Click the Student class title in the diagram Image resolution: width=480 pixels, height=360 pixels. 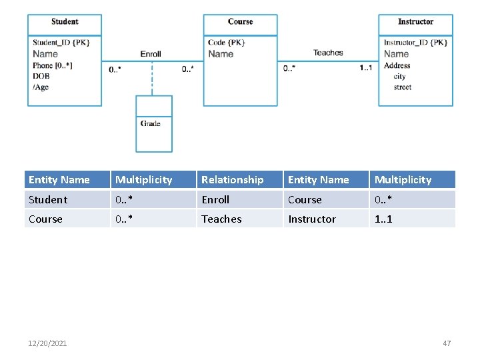click(65, 22)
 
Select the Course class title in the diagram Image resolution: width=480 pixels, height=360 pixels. click(240, 22)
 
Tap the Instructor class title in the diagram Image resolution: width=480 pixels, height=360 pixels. click(415, 22)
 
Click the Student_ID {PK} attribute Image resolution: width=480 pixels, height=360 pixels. click(61, 43)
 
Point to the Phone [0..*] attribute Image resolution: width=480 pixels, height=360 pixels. click(53, 65)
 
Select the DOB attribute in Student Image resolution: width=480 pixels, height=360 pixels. click(41, 76)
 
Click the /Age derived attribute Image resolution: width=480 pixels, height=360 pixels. click(41, 87)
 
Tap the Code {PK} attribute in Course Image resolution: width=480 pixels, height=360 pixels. click(227, 43)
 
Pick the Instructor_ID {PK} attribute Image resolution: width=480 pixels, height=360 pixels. click(415, 43)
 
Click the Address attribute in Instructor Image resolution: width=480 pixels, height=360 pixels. click(397, 65)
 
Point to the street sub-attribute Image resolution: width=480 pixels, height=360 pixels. click(403, 87)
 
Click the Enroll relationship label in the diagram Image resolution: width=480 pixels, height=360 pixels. click(151, 54)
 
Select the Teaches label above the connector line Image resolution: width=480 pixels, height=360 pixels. click(328, 53)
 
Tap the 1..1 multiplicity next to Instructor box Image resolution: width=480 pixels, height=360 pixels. click(365, 68)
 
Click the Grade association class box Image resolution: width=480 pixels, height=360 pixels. click(154, 124)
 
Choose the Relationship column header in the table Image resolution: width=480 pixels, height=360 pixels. click(233, 180)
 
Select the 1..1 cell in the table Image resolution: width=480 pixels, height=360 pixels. click(384, 219)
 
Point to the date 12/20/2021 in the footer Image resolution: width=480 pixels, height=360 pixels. click(47, 343)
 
